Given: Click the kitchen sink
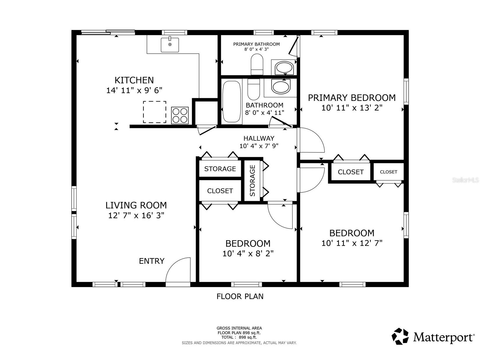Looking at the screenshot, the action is click(x=170, y=45).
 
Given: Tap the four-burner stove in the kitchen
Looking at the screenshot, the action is click(x=180, y=115).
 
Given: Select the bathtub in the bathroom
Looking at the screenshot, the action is click(x=232, y=101).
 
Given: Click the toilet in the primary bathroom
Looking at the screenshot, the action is click(x=257, y=64).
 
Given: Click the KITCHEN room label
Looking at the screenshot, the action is click(x=134, y=80).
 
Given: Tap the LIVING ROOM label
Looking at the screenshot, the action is click(x=136, y=206).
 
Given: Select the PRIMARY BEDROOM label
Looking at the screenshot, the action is click(x=352, y=98).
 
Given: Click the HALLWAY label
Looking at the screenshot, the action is click(x=259, y=138).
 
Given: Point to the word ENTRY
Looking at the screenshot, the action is click(x=152, y=261).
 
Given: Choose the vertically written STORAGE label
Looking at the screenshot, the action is click(x=252, y=180).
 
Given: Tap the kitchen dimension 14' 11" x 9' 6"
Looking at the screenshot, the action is click(x=134, y=90).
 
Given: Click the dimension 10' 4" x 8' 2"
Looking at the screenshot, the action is click(x=248, y=254).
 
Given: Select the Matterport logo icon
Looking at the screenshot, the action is click(x=400, y=336).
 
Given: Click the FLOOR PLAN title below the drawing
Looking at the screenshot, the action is click(x=240, y=296).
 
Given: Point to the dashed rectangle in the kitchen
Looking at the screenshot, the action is click(x=154, y=112).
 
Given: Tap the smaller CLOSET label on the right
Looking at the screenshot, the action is click(x=388, y=172).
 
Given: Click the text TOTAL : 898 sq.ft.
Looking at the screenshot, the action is click(x=239, y=337).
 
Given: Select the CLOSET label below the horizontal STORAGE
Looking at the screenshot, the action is click(x=220, y=191).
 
